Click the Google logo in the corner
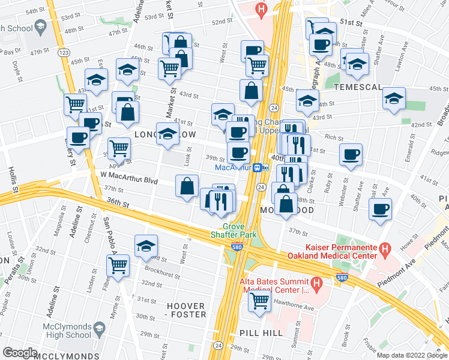click(20, 353)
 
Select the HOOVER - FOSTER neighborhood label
click(185, 311)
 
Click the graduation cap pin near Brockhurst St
click(145, 245)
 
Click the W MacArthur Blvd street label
click(128, 178)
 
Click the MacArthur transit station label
click(232, 167)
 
